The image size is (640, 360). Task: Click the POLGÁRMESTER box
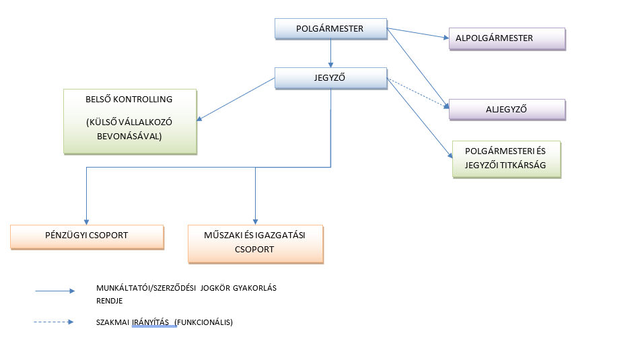330,29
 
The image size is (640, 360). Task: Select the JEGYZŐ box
330,78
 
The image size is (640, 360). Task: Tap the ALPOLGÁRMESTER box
507,38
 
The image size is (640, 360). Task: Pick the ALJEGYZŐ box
507,109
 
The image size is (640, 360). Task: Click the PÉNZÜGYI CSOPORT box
87,236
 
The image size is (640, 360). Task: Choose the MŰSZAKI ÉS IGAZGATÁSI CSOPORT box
255,243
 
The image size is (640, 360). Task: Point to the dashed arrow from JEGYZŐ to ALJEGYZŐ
418,94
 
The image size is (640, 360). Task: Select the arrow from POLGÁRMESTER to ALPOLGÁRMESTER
418,34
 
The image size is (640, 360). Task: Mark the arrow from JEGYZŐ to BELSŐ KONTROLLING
236,100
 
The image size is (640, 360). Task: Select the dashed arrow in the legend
54,322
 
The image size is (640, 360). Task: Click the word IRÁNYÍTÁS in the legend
149,322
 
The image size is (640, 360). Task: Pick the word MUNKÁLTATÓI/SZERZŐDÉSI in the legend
143,288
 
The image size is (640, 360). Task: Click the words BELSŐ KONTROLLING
129,99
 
